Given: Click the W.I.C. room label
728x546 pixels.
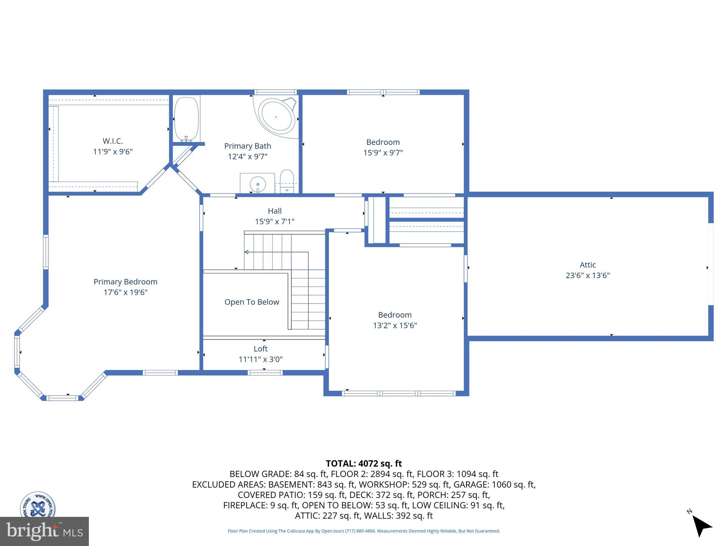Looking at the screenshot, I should click(x=113, y=141).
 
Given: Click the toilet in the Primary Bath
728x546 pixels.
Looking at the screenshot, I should click(x=287, y=181).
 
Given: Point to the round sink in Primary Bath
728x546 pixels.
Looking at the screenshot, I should click(x=258, y=184).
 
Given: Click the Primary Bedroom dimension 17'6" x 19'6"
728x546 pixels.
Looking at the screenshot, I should click(x=125, y=292).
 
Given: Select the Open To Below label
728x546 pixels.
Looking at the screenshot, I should click(x=252, y=302).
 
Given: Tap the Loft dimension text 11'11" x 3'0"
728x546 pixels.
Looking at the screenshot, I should click(x=261, y=359).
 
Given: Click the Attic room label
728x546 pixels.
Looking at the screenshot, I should click(x=588, y=265).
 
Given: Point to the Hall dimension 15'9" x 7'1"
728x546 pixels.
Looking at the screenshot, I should click(x=274, y=221).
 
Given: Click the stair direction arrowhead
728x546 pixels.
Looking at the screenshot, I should click(x=246, y=252).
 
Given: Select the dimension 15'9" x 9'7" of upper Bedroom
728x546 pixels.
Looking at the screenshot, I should click(x=383, y=152).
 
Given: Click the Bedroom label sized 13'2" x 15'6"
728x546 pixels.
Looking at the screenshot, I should click(x=395, y=315).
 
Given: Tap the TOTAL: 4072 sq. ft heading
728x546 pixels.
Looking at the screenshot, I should click(x=364, y=464).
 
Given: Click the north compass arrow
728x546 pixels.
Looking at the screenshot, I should click(x=701, y=526).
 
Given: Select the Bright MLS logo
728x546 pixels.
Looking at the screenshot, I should click(x=44, y=531).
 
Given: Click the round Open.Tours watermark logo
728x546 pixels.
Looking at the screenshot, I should click(x=37, y=505).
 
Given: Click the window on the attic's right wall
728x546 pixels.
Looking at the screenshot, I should click(x=711, y=264).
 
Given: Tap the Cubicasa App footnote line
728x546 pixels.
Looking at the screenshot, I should click(x=364, y=531).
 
